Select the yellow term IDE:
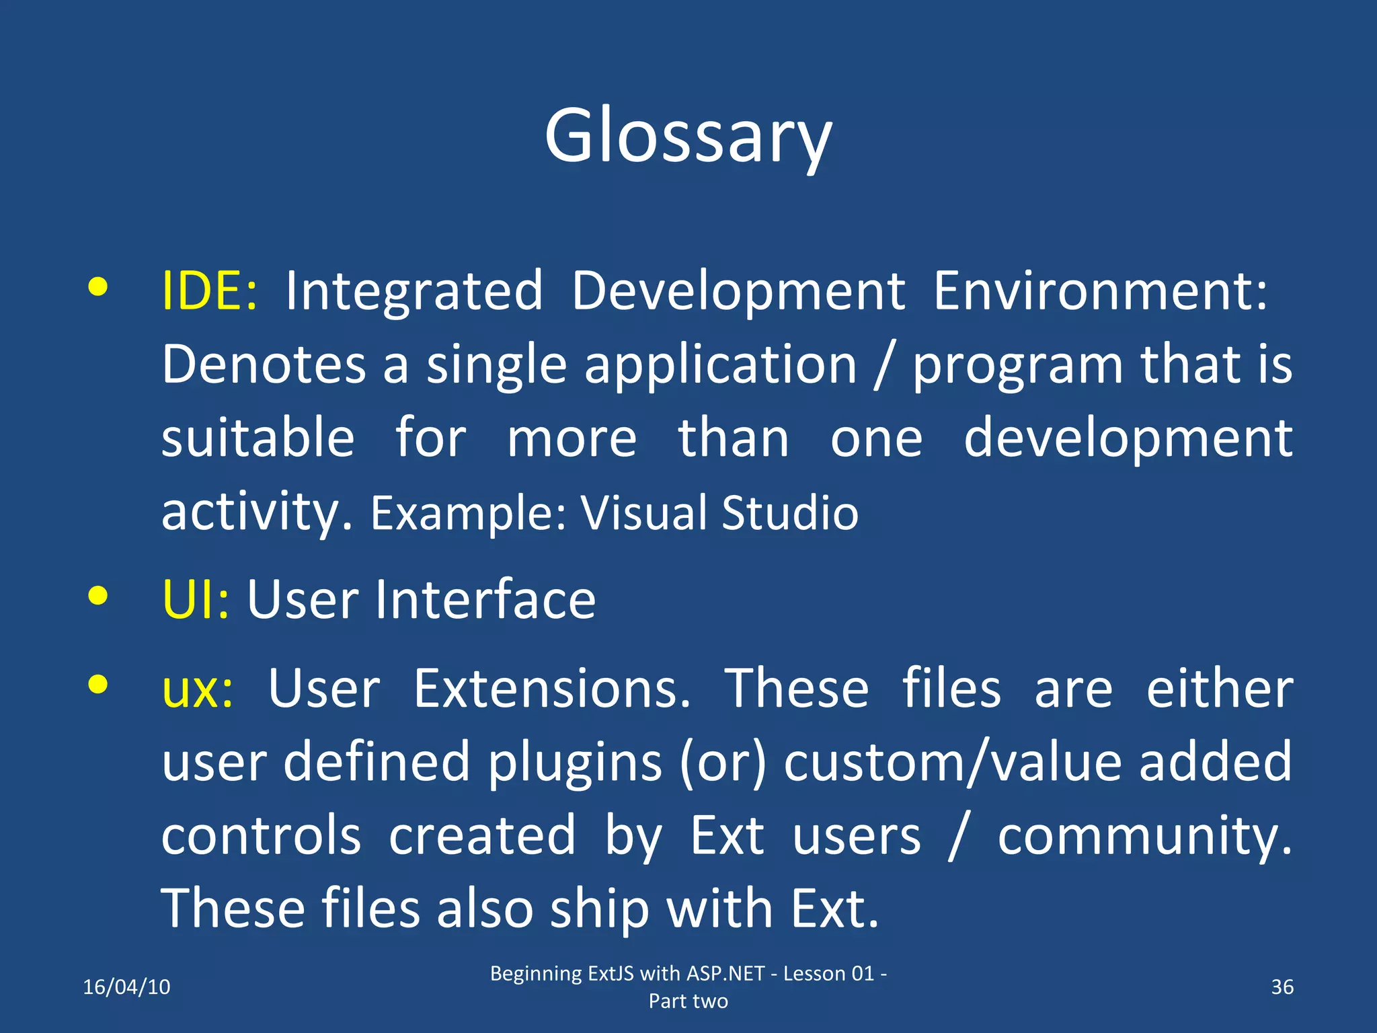click(209, 291)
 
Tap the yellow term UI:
click(196, 599)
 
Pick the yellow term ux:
click(198, 689)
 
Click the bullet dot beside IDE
click(98, 287)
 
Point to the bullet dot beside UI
click(98, 595)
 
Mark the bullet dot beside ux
click(98, 685)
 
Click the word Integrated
click(414, 291)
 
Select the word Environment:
click(1100, 291)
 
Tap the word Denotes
click(264, 365)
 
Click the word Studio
click(790, 512)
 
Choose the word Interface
click(485, 599)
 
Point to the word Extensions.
click(551, 689)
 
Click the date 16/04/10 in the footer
click(126, 987)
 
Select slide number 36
click(1282, 987)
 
